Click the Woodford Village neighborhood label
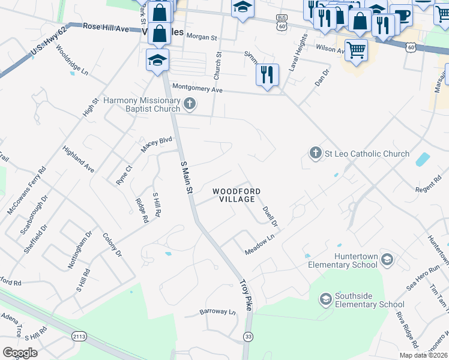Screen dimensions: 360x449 pyautogui.click(x=237, y=195)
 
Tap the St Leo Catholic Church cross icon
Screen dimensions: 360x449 pyautogui.click(x=316, y=154)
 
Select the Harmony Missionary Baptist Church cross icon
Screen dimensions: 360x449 pyautogui.click(x=190, y=104)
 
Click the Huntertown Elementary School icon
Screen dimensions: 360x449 pyautogui.click(x=387, y=260)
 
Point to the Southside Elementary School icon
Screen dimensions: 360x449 pyautogui.click(x=325, y=299)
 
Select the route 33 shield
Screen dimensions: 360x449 pyautogui.click(x=248, y=337)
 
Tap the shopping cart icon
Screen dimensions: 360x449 pyautogui.click(x=356, y=50)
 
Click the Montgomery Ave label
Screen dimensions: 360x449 pyautogui.click(x=197, y=88)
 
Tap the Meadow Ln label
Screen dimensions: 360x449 pyautogui.click(x=259, y=245)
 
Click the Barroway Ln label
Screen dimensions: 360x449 pyautogui.click(x=217, y=312)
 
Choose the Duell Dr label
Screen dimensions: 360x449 pyautogui.click(x=270, y=217)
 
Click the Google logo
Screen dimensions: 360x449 pyautogui.click(x=20, y=353)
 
